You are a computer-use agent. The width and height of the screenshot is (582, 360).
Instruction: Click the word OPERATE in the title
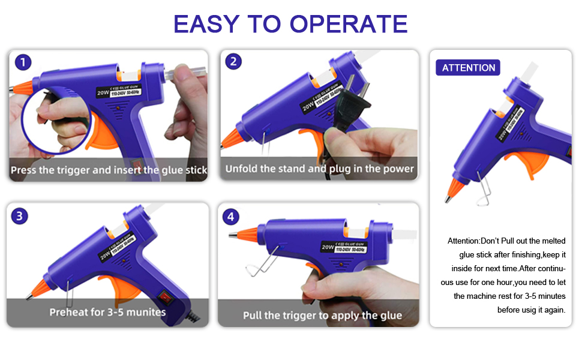(349, 23)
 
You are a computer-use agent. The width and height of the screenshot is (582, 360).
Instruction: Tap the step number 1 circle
(23, 62)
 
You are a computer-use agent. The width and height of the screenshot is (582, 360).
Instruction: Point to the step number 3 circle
(20, 215)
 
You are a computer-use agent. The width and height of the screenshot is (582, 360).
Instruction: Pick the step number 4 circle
(232, 215)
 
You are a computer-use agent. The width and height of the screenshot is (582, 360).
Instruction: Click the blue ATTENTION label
(468, 68)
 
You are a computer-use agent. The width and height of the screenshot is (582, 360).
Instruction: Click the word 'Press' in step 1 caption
(23, 170)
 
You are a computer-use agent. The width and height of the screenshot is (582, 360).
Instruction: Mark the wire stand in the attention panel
(484, 189)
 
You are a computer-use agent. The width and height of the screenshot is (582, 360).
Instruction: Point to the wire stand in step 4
(265, 261)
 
